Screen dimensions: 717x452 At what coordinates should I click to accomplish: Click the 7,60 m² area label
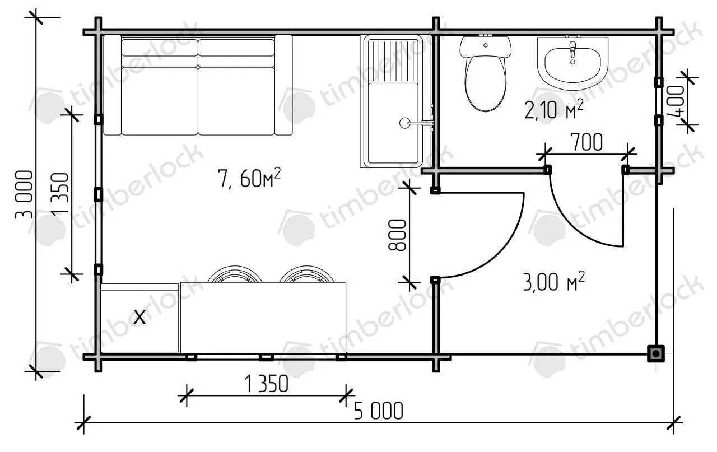click(249, 178)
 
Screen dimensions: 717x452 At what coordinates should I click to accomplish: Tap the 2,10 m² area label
click(554, 109)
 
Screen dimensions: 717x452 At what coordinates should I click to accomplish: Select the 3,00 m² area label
click(554, 281)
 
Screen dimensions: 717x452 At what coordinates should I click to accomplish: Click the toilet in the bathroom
click(485, 73)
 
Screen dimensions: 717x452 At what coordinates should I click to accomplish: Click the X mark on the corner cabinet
click(139, 317)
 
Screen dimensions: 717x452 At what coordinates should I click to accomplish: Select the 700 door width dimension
click(586, 142)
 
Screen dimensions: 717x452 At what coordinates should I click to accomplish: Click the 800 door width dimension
click(397, 235)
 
